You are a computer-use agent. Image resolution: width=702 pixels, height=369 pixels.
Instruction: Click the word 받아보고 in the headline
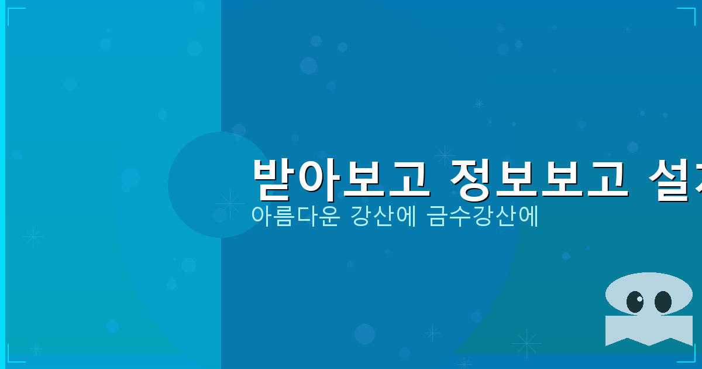(340, 178)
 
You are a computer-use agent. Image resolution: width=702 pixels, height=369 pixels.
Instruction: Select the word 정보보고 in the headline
(539, 178)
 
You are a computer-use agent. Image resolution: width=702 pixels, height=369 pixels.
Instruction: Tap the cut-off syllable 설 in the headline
(667, 178)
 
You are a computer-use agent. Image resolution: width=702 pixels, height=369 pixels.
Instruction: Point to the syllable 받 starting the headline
(274, 178)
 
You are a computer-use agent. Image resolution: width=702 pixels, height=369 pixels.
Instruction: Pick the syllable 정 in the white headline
(474, 178)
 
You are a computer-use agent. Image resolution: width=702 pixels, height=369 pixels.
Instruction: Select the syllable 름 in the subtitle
(284, 216)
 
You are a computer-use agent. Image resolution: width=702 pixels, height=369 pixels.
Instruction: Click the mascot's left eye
(635, 302)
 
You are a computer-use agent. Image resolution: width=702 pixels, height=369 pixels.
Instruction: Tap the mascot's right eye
(663, 302)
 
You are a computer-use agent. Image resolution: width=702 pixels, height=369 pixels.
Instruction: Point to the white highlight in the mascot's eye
(639, 299)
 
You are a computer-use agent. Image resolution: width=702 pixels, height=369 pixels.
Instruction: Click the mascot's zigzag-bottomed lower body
(649, 331)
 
